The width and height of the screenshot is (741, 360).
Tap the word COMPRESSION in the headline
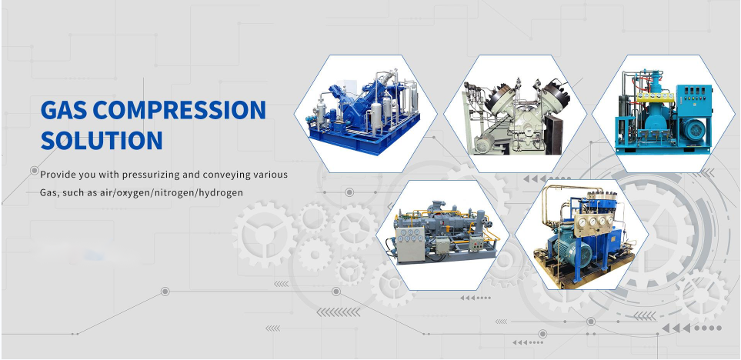[179, 109]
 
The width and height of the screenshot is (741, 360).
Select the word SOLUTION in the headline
[102, 140]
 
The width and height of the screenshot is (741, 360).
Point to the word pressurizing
[151, 175]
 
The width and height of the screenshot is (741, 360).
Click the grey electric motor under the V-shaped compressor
[485, 143]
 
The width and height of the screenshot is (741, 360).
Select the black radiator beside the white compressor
[553, 134]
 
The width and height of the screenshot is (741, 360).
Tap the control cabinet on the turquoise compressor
[694, 104]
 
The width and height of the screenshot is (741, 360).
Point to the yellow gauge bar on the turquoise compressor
[655, 98]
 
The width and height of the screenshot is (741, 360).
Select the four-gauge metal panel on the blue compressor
[594, 222]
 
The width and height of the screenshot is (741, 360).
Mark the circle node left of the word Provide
[34, 171]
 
